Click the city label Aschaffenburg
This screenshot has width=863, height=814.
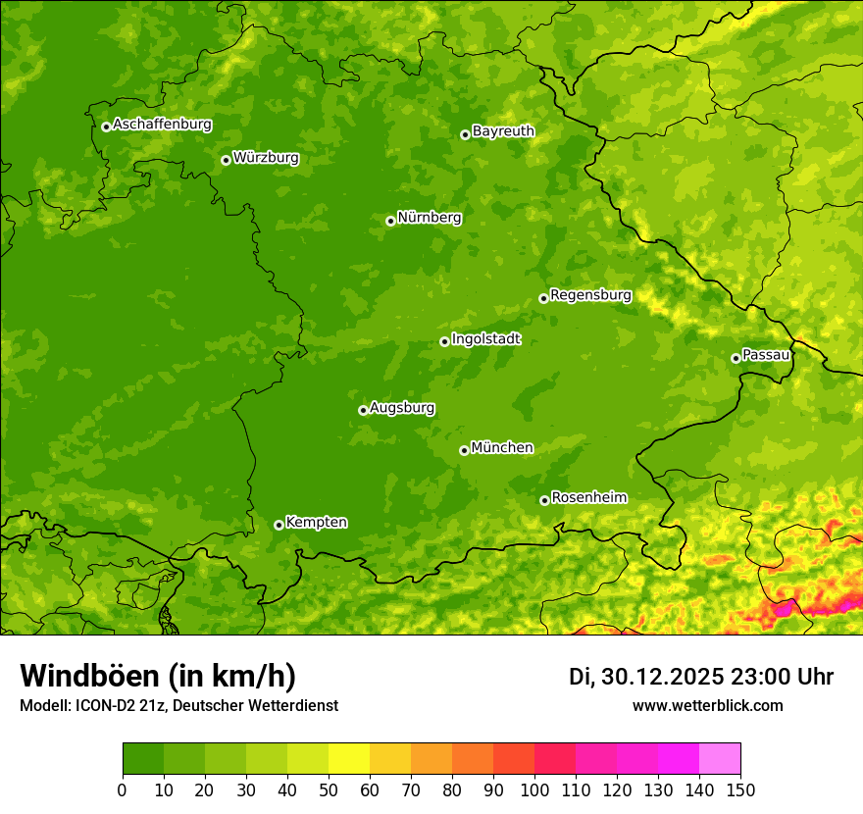162,125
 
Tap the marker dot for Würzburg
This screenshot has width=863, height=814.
226,160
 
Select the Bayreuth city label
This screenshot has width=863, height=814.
503,131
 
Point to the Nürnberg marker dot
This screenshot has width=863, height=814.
390,221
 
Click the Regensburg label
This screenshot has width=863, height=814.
590,295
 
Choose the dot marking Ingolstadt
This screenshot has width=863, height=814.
444,341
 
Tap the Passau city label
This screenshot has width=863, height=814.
766,355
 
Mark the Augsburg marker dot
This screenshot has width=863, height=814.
363,410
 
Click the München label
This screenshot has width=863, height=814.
502,448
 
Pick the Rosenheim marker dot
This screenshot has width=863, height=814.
544,500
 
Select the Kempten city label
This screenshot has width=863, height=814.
316,523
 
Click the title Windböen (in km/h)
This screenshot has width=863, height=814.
157,676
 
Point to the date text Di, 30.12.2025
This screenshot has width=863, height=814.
646,677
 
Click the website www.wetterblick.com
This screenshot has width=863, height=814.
707,706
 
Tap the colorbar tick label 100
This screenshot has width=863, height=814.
534,790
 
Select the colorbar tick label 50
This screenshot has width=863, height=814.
329,790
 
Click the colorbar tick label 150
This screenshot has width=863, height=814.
740,790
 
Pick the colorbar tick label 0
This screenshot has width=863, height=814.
123,790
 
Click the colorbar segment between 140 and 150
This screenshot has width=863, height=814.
720,759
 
